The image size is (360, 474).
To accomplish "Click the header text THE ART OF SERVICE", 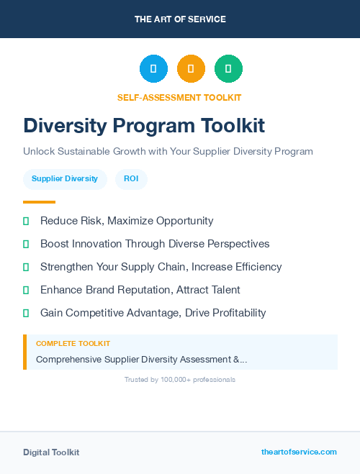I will pyautogui.click(x=180, y=19).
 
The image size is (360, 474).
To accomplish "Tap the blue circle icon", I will pyautogui.click(x=153, y=69).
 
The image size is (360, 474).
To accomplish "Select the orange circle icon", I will pyautogui.click(x=191, y=69).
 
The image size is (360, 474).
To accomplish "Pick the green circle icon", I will pyautogui.click(x=228, y=69).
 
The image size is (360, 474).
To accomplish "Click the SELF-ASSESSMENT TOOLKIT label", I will pyautogui.click(x=179, y=97).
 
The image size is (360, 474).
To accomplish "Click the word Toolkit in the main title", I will pyautogui.click(x=233, y=126).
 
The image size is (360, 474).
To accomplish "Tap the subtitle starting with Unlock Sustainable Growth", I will pyautogui.click(x=168, y=152).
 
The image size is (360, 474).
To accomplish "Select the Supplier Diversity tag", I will pyautogui.click(x=65, y=179).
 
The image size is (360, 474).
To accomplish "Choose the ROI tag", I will pyautogui.click(x=131, y=179).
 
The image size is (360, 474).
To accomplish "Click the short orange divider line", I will pyautogui.click(x=39, y=202).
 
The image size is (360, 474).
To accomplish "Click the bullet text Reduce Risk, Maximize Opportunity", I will pyautogui.click(x=127, y=221).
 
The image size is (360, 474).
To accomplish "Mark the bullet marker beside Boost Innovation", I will pyautogui.click(x=26, y=245).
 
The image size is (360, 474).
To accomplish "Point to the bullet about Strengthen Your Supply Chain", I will pyautogui.click(x=161, y=267).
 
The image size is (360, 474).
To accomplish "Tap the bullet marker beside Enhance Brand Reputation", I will pyautogui.click(x=26, y=291).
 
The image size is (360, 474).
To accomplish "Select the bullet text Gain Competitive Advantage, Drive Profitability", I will pyautogui.click(x=153, y=313).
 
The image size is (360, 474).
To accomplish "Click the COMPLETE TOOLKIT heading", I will pyautogui.click(x=73, y=344).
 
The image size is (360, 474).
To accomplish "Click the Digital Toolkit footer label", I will pyautogui.click(x=51, y=452).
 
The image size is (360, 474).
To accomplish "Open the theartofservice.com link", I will pyautogui.click(x=299, y=452).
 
